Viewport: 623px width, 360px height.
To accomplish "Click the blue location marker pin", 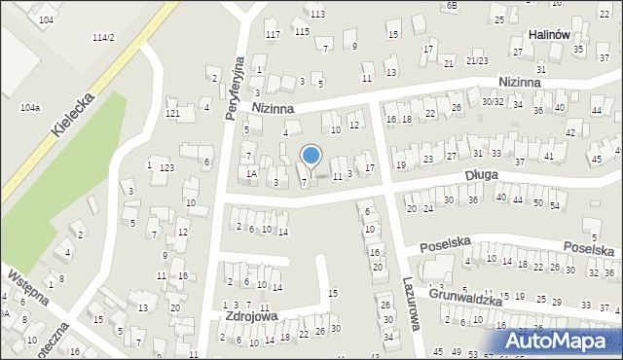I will (311, 156).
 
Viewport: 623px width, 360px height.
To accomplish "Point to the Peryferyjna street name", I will (234, 86).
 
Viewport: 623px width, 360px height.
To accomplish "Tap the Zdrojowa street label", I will (251, 316).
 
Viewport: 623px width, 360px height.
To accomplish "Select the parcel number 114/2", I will (103, 37).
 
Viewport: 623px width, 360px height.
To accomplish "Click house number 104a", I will (30, 107).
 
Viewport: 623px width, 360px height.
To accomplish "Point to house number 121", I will (172, 115).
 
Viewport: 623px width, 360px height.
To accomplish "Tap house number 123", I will (166, 168).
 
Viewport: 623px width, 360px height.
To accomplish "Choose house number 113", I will (317, 14).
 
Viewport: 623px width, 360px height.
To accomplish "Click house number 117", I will (273, 34).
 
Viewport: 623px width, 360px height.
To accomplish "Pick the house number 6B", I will (452, 5).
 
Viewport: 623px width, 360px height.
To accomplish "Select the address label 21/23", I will (476, 60).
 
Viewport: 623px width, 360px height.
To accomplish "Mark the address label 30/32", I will (492, 101).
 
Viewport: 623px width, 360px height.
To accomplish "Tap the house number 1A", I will (251, 173).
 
